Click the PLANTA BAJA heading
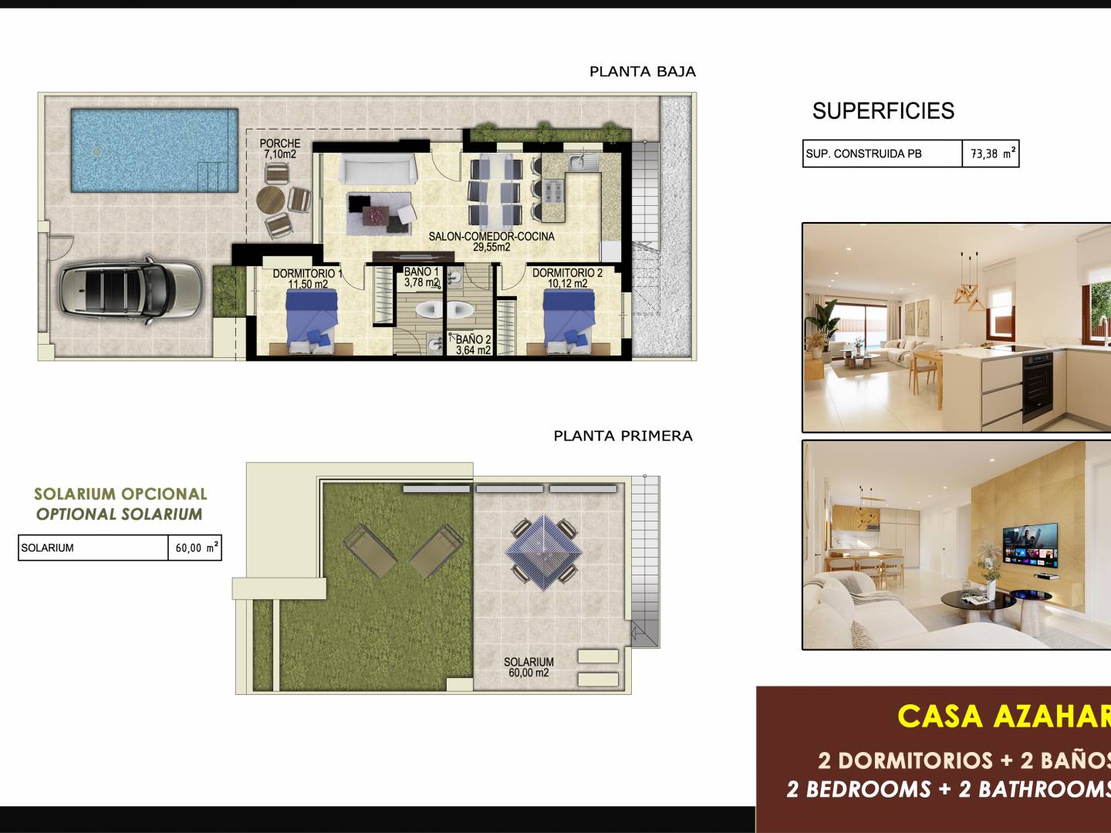tap(643, 72)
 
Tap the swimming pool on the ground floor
tap(154, 150)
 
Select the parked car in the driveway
tap(130, 291)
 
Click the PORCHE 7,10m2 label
tap(280, 149)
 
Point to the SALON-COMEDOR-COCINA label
tap(491, 236)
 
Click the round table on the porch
tap(271, 201)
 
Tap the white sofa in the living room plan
tap(377, 169)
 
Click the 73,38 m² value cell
tap(991, 153)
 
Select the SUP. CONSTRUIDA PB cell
tap(882, 153)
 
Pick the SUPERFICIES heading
tap(883, 111)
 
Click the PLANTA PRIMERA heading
tap(623, 436)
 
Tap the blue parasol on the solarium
tap(544, 552)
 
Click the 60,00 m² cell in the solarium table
tap(195, 548)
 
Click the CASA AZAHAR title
tap(1004, 717)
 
